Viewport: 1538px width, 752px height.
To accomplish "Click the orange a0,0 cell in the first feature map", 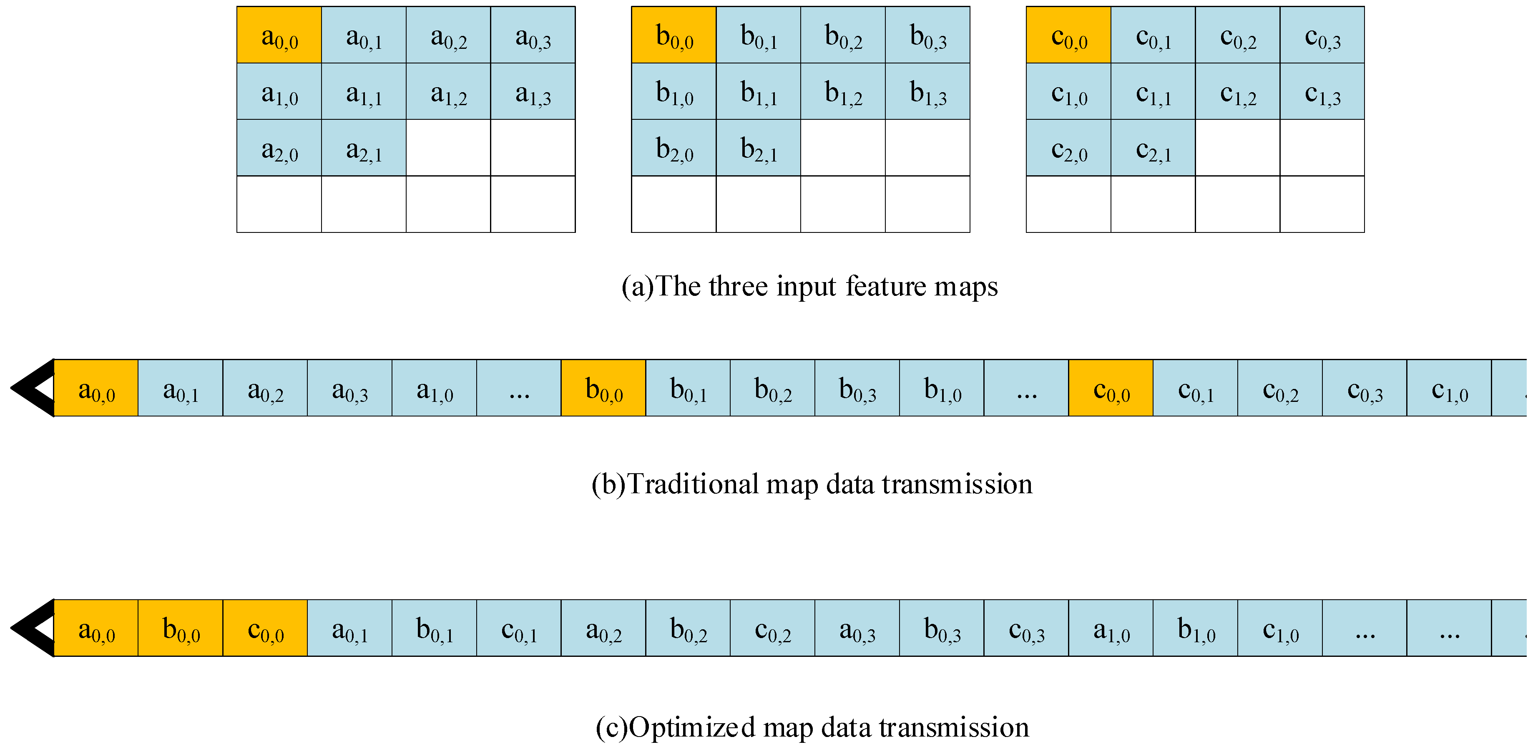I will coord(279,35).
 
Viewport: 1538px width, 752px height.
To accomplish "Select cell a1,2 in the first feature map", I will coord(448,91).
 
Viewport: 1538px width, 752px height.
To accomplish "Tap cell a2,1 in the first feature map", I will coord(364,148).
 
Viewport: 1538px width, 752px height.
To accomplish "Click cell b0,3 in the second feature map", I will coord(927,35).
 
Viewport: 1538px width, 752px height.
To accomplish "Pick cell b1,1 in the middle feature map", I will coord(758,91).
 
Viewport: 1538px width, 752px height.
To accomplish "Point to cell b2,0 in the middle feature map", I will coord(674,148).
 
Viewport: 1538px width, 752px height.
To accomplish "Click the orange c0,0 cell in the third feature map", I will coord(1068,35).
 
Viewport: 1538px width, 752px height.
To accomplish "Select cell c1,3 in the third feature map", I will coord(1322,91).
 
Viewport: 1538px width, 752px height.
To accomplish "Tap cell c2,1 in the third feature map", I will coord(1153,148).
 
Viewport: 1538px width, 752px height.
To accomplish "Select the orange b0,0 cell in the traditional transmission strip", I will coord(603,388).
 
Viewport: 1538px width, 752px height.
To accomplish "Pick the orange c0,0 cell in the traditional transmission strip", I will coord(1111,388).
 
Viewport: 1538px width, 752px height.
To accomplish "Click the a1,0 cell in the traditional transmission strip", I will coord(434,388).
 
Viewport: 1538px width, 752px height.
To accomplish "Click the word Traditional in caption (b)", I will coord(693,484).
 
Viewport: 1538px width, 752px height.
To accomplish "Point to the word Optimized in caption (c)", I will coord(693,727).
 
